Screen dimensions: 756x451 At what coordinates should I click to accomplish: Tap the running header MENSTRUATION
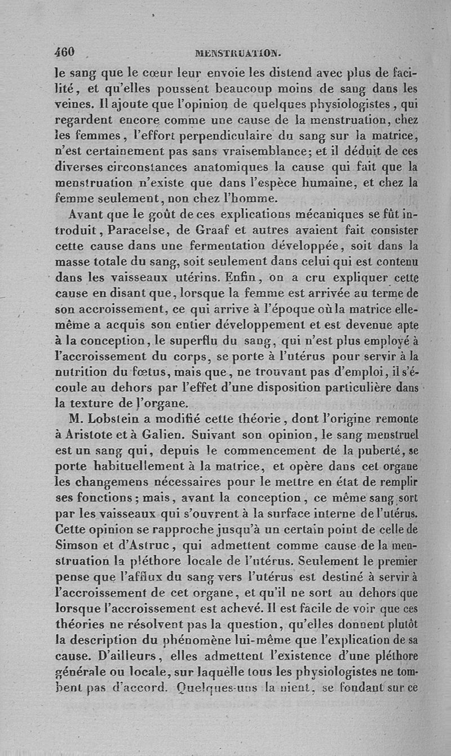(x=237, y=55)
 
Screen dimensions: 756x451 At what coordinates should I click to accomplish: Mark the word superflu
(x=207, y=341)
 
